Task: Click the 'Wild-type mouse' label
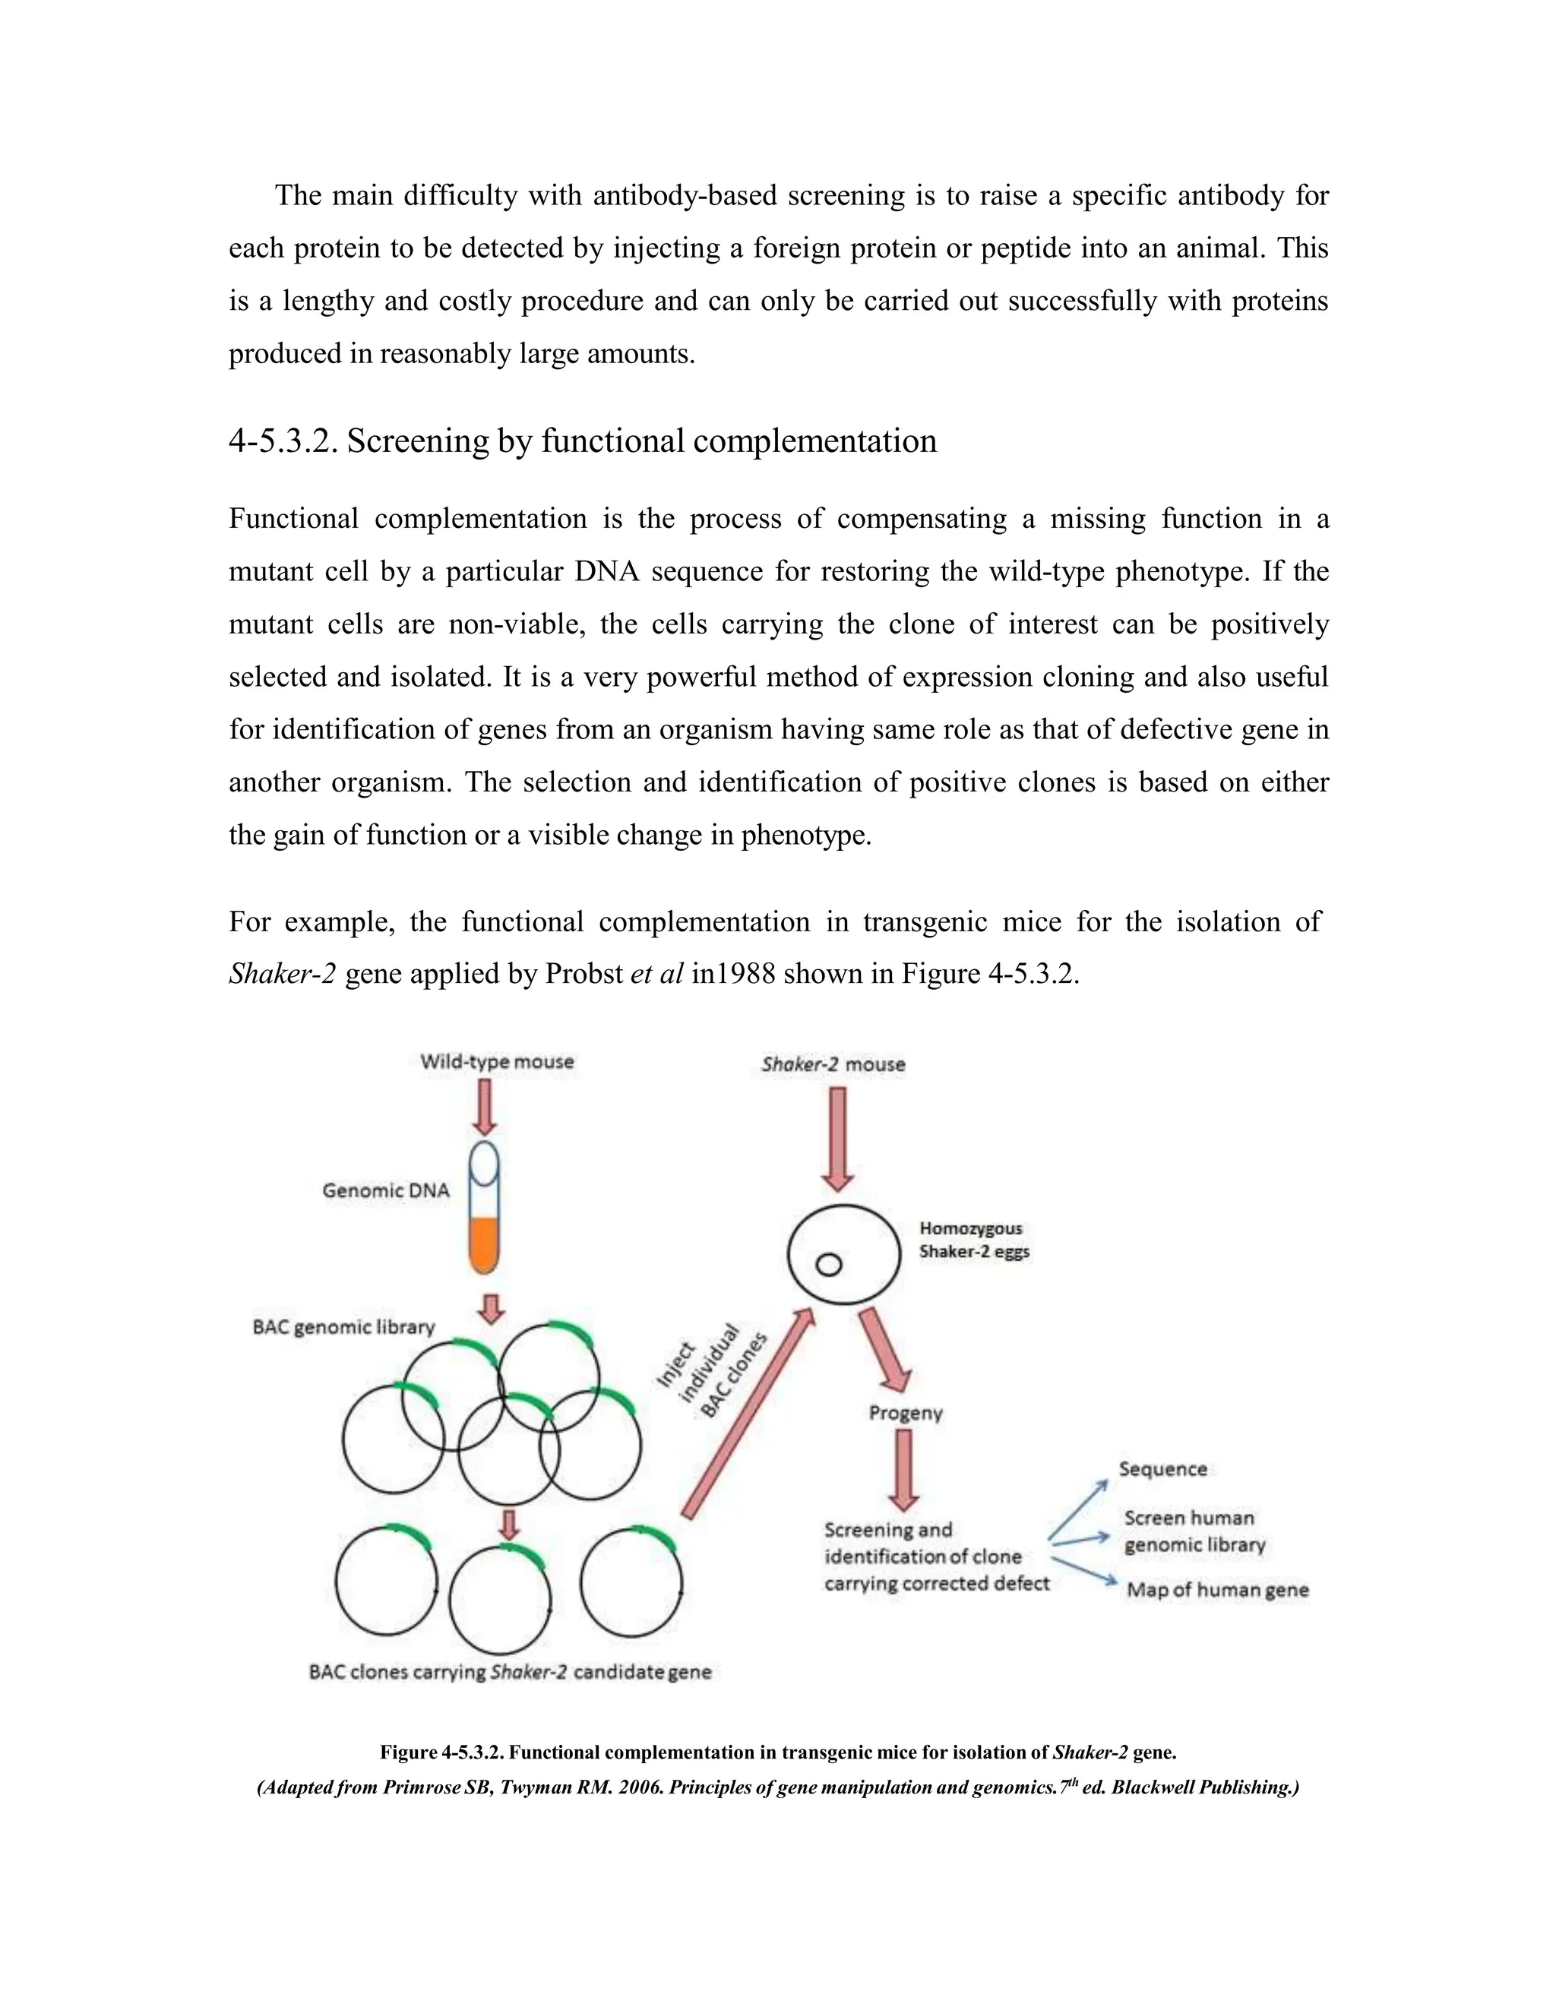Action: tap(497, 1062)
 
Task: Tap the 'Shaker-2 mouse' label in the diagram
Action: tap(833, 1064)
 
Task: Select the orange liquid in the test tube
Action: tap(484, 1244)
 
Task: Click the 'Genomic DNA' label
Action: tap(385, 1191)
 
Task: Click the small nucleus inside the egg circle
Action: tap(829, 1265)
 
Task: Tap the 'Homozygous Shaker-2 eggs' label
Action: tap(973, 1240)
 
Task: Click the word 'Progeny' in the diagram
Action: tap(905, 1413)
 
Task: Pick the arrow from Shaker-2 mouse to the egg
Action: tap(837, 1139)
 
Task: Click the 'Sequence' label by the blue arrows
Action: tap(1162, 1469)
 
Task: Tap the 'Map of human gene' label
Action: tap(1217, 1590)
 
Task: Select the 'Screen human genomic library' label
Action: tap(1194, 1531)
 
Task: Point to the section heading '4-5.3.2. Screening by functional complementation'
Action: tap(583, 441)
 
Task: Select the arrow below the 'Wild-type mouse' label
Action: tap(485, 1106)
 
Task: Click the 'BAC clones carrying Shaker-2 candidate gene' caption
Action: tap(510, 1671)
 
